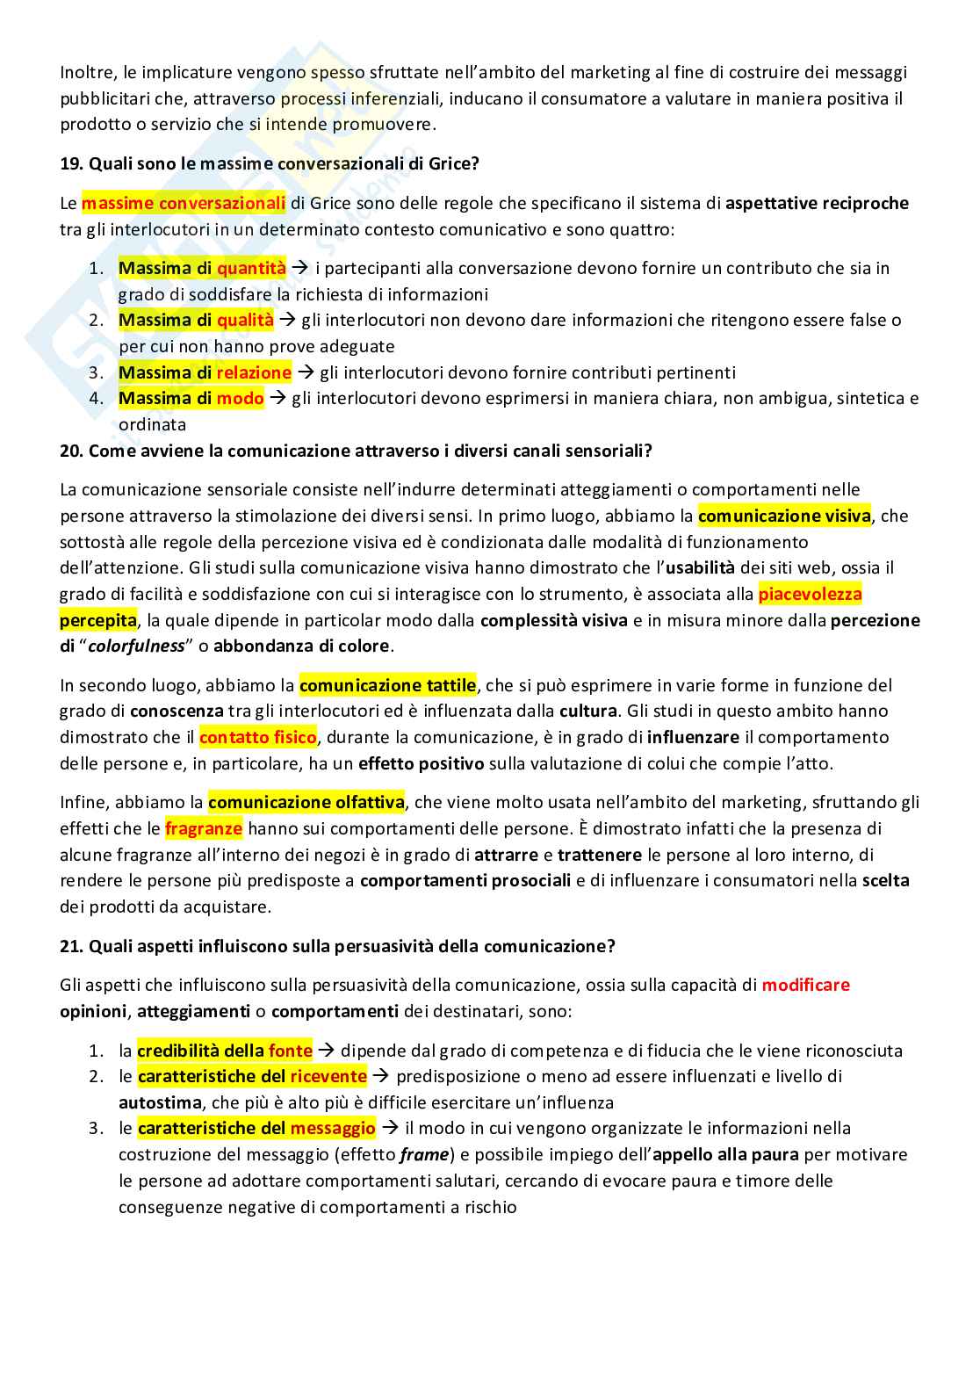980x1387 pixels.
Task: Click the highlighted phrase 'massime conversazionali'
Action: coord(184,204)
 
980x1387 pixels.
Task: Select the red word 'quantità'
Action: coord(251,268)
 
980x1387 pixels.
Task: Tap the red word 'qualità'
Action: coord(245,320)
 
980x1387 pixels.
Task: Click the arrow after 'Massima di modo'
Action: coord(277,399)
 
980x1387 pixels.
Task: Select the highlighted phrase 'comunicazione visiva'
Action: coord(784,516)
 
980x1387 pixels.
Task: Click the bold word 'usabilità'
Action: coord(700,568)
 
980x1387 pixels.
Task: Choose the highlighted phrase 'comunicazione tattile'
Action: coord(387,685)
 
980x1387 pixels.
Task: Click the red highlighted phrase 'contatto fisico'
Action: coord(257,738)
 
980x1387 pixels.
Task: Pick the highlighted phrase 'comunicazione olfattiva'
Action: coord(306,802)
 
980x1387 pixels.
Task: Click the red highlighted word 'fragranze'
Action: coord(203,828)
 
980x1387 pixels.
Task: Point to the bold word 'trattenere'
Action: coord(598,855)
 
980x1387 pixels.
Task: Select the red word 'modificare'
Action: coord(805,985)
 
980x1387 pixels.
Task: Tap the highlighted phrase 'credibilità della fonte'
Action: coord(225,1051)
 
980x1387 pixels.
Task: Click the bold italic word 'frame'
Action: coord(424,1155)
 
